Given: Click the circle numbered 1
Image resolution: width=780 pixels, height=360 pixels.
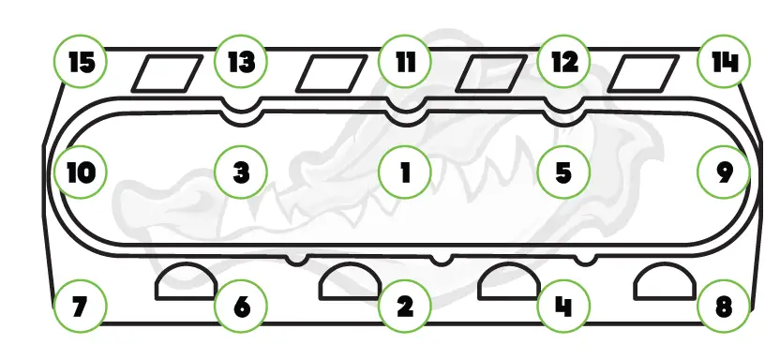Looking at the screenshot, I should click(x=405, y=173).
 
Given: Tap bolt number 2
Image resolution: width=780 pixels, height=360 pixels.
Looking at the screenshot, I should click(x=405, y=306).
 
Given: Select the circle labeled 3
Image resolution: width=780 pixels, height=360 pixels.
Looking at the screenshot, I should click(x=241, y=173).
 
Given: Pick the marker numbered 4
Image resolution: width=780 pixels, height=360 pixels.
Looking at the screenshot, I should click(x=563, y=306).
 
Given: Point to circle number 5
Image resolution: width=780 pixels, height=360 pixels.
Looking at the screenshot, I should click(x=563, y=173).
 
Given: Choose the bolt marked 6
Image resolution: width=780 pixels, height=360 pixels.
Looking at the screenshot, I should click(x=241, y=306).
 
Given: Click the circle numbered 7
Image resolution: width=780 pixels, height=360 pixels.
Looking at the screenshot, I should click(x=80, y=306).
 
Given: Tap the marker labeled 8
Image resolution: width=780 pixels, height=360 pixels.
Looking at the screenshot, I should click(x=724, y=306).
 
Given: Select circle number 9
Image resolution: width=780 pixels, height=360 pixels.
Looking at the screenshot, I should click(x=724, y=173).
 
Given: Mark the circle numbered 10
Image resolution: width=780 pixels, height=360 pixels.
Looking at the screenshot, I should click(x=80, y=173).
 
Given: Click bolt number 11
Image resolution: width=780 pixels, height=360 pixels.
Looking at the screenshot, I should click(x=405, y=63).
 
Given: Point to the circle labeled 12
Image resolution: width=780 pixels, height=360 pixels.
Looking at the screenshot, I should click(x=563, y=63).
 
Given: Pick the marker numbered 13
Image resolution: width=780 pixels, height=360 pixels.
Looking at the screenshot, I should click(x=241, y=63).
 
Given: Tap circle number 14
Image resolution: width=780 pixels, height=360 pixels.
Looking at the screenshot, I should click(x=724, y=63).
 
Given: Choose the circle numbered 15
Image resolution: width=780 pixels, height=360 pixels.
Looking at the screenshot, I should click(x=80, y=63).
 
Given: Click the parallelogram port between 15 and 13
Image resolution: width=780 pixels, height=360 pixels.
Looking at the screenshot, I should click(x=166, y=72).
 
